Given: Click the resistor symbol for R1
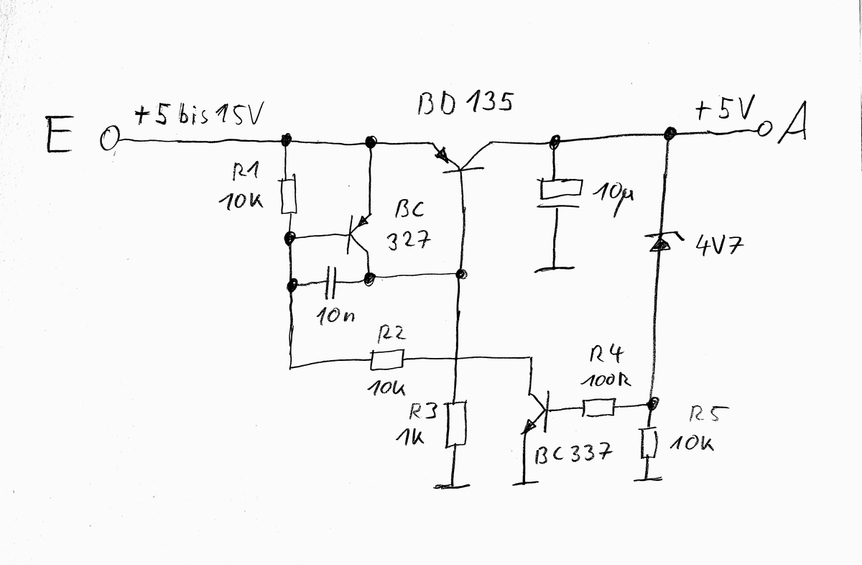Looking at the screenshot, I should click(x=289, y=196).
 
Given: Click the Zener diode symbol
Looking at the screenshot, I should click(x=658, y=244).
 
